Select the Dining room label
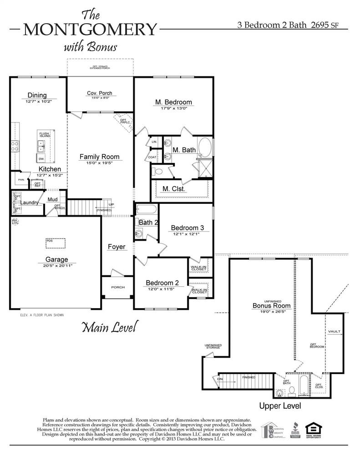coord(37,95)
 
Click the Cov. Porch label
coord(99,93)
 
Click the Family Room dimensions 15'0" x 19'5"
coord(99,162)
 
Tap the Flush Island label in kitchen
coord(44,135)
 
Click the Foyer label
coord(116,247)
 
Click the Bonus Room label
coord(269,306)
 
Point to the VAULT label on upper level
coord(334,332)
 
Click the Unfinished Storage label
coord(213,346)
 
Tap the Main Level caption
coord(109,327)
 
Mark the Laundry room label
coord(29,203)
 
